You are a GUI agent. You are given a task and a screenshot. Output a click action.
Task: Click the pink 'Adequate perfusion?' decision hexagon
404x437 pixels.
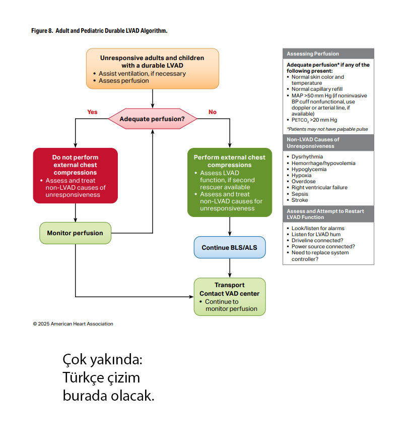click(x=152, y=120)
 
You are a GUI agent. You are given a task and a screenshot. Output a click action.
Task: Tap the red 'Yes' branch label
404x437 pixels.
click(x=92, y=112)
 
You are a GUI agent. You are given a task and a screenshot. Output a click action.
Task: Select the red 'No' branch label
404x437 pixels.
click(x=213, y=112)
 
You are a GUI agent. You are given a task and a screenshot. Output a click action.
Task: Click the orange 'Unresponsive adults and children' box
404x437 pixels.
click(x=152, y=69)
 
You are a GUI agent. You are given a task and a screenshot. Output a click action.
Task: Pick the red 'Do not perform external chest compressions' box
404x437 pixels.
click(x=75, y=175)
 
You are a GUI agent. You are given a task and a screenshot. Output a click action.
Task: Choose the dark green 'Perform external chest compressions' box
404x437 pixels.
click(x=230, y=182)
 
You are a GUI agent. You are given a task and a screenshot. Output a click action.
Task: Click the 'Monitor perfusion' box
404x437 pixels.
click(x=75, y=233)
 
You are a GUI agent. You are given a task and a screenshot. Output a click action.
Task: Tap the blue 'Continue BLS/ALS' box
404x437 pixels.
click(x=230, y=248)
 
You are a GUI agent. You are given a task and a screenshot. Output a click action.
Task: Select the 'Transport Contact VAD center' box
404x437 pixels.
click(x=230, y=297)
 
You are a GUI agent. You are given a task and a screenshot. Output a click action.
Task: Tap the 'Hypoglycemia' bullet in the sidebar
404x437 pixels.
click(x=309, y=169)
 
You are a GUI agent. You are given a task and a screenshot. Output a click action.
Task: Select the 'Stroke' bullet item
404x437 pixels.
click(x=300, y=200)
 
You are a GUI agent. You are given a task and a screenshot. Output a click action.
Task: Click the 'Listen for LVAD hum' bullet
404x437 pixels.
click(x=316, y=235)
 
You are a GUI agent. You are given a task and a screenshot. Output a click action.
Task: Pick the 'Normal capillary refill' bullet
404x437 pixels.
click(x=318, y=89)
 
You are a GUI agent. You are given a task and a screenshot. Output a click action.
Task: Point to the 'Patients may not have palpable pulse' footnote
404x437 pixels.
click(x=327, y=129)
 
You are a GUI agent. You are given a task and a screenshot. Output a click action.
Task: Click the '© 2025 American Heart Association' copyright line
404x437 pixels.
click(x=73, y=324)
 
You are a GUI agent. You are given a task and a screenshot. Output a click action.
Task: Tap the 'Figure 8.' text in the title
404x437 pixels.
click(x=43, y=31)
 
